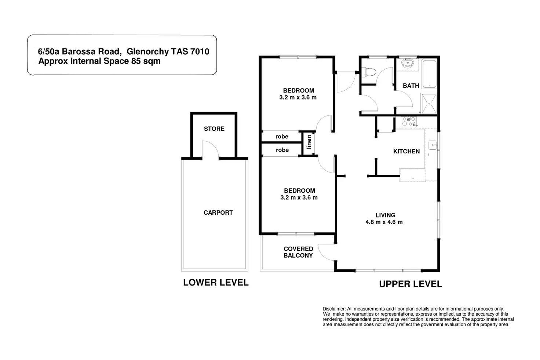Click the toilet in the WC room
click(369, 72)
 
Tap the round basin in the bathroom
click(408, 63)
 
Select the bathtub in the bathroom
click(429, 74)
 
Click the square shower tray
click(429, 103)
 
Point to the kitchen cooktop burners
click(409, 121)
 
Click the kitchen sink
click(433, 145)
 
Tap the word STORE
click(214, 129)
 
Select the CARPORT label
click(218, 213)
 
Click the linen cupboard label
click(309, 142)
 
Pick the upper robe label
click(282, 137)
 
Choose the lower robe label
click(282, 150)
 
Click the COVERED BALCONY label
click(298, 252)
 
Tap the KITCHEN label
click(406, 152)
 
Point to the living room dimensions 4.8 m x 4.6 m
click(384, 222)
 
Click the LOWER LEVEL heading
click(216, 283)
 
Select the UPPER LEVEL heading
click(411, 284)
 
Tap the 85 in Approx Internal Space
click(136, 61)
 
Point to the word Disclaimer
click(334, 309)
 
